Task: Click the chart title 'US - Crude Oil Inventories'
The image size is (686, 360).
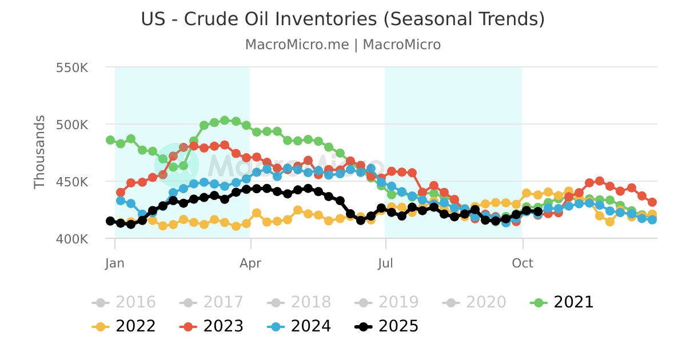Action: pos(342,19)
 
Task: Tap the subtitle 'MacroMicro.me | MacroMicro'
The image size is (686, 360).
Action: pos(342,45)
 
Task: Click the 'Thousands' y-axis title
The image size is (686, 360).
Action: pos(39,152)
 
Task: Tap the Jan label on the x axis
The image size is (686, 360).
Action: pos(115,263)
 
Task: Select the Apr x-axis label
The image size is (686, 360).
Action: pos(250,263)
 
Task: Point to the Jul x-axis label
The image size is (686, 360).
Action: pos(386,263)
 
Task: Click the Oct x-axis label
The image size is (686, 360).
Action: pos(522,263)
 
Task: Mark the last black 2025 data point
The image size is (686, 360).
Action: pos(537,211)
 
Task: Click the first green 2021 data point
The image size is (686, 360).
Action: pos(110,140)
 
